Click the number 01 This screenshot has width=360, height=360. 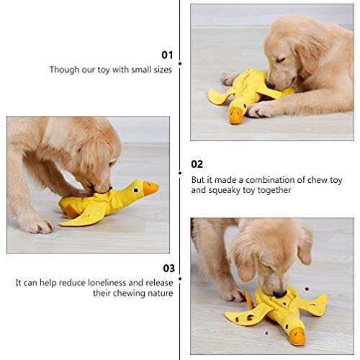click(x=167, y=54)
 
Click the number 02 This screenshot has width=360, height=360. click(x=197, y=164)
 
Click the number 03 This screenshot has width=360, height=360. click(x=167, y=268)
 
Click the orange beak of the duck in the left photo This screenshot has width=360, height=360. click(x=150, y=188)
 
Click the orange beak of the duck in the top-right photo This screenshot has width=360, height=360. click(x=235, y=115)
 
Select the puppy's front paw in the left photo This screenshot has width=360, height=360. click(x=36, y=225)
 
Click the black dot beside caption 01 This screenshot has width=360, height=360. click(x=179, y=63)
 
